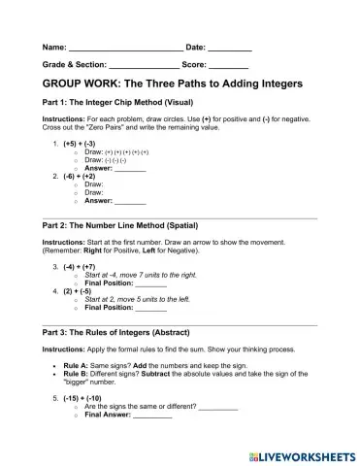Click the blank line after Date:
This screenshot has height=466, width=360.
point(230,49)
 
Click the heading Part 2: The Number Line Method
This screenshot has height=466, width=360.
point(120,225)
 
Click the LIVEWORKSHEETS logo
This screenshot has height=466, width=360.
point(301,453)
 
